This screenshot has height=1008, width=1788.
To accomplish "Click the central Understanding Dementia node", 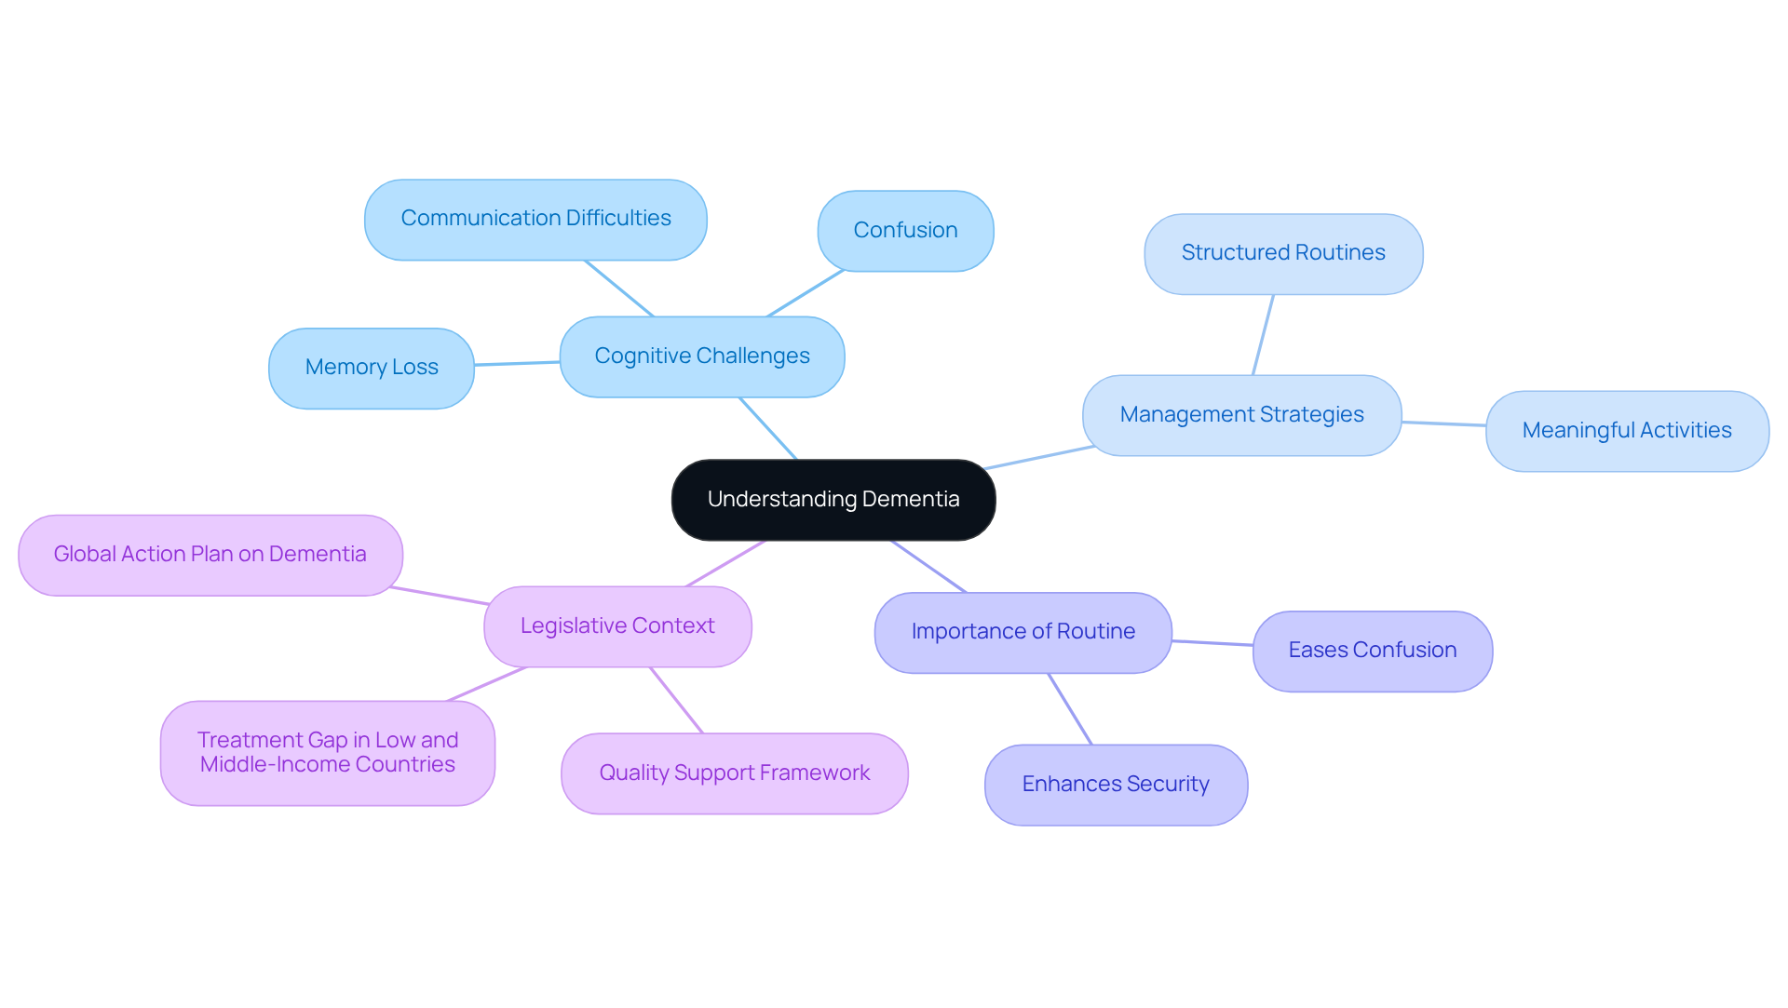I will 833,500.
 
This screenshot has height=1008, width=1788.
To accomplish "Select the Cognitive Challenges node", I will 701,356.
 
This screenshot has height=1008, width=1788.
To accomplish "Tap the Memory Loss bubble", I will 371,368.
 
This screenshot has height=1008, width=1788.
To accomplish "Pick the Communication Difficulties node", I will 535,219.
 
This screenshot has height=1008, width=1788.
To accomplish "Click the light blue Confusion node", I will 905,231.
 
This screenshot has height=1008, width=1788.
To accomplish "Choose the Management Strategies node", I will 1241,415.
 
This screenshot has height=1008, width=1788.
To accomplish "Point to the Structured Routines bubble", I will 1282,253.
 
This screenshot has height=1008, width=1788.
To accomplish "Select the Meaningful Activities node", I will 1626,431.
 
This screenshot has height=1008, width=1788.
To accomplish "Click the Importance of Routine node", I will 1023,632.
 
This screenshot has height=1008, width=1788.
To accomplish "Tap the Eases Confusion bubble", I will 1372,651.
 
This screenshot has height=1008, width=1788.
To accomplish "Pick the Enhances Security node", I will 1115,785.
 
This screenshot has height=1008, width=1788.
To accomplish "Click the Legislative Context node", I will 617,626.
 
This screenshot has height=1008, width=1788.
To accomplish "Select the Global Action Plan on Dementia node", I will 210,555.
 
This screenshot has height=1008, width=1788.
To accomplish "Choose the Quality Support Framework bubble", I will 734,773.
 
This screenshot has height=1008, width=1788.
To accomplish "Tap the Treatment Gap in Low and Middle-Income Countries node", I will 327,753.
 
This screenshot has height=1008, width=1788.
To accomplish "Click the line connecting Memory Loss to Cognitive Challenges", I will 517,363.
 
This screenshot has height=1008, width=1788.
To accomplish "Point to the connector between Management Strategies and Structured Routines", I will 1263,335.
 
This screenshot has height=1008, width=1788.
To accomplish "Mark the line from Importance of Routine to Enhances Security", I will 1070,708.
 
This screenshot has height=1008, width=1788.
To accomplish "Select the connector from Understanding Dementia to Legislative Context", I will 725,563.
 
